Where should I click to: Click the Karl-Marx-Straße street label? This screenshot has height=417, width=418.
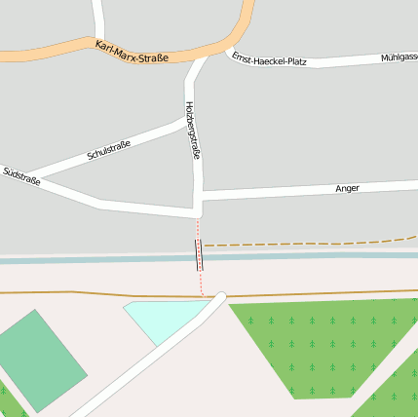tap(132, 51)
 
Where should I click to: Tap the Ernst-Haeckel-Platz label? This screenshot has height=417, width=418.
tap(270, 60)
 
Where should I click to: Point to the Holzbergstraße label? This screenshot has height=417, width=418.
tap(192, 130)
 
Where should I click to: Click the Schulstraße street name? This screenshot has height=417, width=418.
tap(108, 150)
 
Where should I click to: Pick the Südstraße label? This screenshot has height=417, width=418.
tap(20, 176)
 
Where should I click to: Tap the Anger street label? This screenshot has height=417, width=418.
tap(347, 187)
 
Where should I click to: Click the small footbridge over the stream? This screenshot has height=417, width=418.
tap(200, 255)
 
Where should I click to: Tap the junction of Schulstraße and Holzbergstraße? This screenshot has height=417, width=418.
tap(185, 121)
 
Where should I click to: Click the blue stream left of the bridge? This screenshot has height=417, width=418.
tap(97, 258)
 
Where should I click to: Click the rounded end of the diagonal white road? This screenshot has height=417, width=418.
tap(221, 297)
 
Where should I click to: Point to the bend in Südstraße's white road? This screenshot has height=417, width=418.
tap(100, 203)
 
